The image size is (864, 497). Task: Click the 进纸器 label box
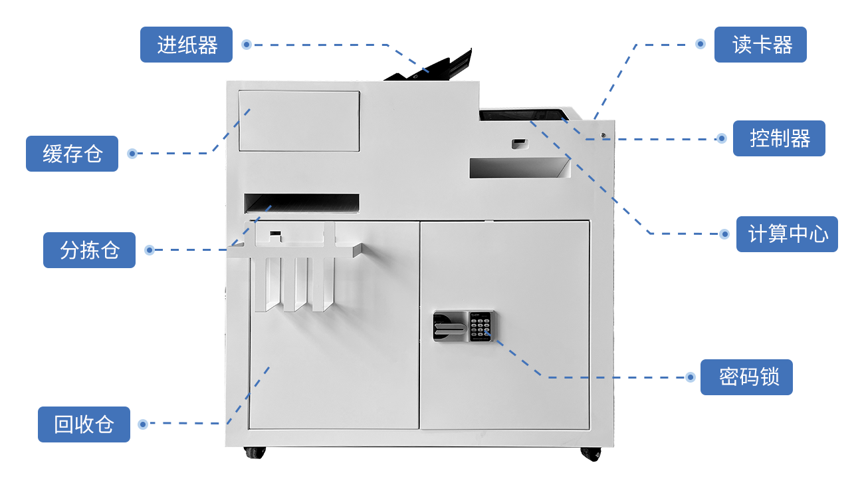tap(186, 45)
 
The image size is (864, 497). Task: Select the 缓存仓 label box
tap(72, 154)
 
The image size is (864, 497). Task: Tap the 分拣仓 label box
tap(89, 250)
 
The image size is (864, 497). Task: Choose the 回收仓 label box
tap(84, 424)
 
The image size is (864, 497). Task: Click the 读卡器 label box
tap(760, 45)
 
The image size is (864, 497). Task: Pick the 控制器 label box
tap(779, 138)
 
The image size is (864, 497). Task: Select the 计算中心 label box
tap(788, 234)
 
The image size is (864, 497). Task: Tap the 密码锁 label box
tap(747, 377)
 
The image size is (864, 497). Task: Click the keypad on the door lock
tap(481, 327)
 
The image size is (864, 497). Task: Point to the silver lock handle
tap(450, 329)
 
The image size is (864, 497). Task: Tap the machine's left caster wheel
tap(255, 452)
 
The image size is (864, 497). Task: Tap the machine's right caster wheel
tap(591, 454)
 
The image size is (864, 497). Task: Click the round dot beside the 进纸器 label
tap(247, 45)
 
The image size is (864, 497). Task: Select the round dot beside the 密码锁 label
tap(691, 377)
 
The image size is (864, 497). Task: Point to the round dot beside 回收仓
tap(143, 424)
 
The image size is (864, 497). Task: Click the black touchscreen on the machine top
tap(524, 115)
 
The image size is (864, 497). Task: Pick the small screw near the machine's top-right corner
tap(603, 135)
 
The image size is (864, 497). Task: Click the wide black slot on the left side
tap(302, 204)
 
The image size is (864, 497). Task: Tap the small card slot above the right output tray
tap(520, 144)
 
